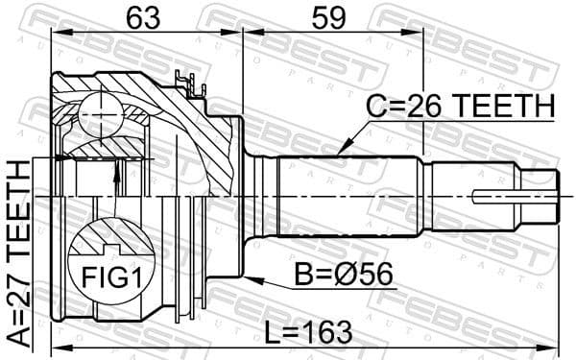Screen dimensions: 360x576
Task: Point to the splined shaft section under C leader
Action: pos(346,192)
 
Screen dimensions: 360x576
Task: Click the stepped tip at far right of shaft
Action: pos(545,193)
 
